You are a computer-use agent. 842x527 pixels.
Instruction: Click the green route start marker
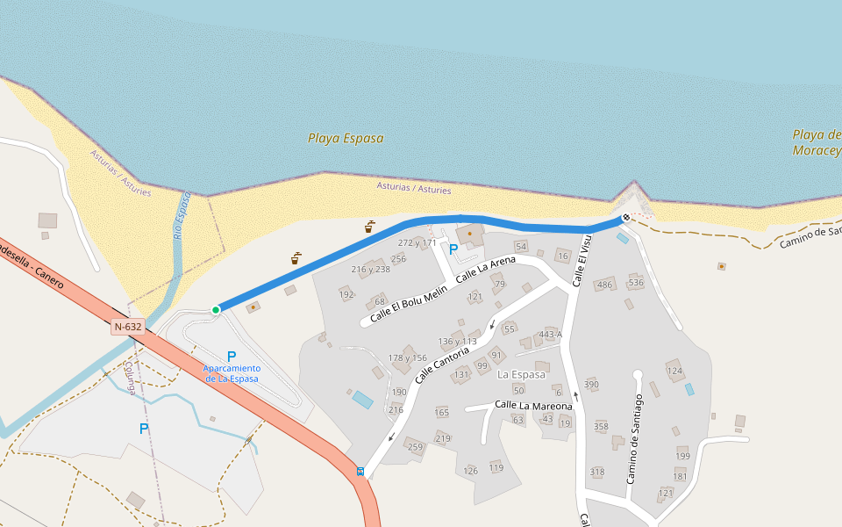pyautogui.click(x=216, y=309)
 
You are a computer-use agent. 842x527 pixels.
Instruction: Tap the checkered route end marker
pyautogui.click(x=626, y=217)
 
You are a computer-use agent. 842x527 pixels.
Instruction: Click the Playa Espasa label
pyautogui.click(x=346, y=138)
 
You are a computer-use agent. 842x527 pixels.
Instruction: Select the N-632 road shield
pyautogui.click(x=128, y=327)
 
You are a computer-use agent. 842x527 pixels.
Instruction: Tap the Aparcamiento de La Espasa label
pyautogui.click(x=232, y=372)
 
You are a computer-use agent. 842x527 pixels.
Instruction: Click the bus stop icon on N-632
pyautogui.click(x=360, y=471)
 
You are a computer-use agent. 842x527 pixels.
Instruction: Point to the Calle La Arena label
pyautogui.click(x=485, y=270)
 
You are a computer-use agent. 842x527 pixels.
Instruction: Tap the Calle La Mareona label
pyautogui.click(x=533, y=405)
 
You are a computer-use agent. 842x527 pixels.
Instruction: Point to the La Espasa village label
pyautogui.click(x=521, y=374)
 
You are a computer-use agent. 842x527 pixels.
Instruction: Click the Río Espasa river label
pyautogui.click(x=180, y=216)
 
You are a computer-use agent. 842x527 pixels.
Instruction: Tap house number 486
pyautogui.click(x=604, y=285)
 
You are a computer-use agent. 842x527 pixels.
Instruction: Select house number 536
pyautogui.click(x=636, y=282)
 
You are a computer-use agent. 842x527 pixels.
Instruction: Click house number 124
pyautogui.click(x=674, y=371)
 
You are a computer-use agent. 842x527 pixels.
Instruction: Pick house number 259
pyautogui.click(x=415, y=447)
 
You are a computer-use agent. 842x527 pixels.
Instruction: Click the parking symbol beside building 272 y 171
pyautogui.click(x=453, y=249)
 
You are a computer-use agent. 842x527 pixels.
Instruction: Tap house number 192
pyautogui.click(x=346, y=294)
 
